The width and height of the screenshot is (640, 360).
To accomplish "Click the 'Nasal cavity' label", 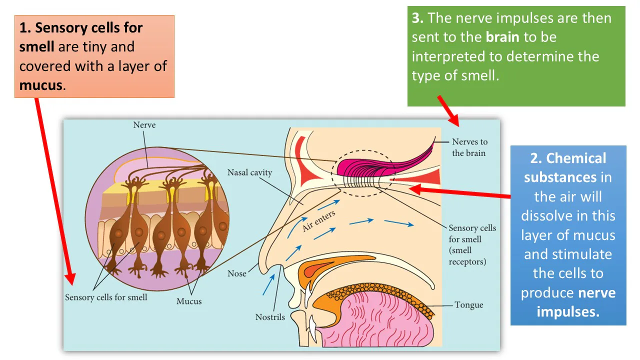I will tap(249, 172).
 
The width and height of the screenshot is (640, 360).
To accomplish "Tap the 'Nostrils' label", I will tap(270, 317).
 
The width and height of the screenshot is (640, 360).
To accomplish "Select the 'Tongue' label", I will tap(468, 304).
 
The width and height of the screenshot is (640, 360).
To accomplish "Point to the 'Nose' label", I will tap(237, 273).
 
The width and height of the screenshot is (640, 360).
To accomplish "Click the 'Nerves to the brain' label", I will tap(469, 147).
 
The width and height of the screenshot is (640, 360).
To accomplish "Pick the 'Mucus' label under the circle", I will tap(189, 301).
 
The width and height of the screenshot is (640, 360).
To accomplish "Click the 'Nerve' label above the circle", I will tap(144, 125).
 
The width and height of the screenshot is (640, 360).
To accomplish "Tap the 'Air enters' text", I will tap(318, 220).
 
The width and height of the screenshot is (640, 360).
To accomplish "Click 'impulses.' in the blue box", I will tap(568, 312).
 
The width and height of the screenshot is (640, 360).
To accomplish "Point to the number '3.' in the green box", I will tap(418, 18).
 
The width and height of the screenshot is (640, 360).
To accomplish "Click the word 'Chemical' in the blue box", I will tap(576, 158).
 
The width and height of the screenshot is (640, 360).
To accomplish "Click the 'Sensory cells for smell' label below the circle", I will tap(106, 297).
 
